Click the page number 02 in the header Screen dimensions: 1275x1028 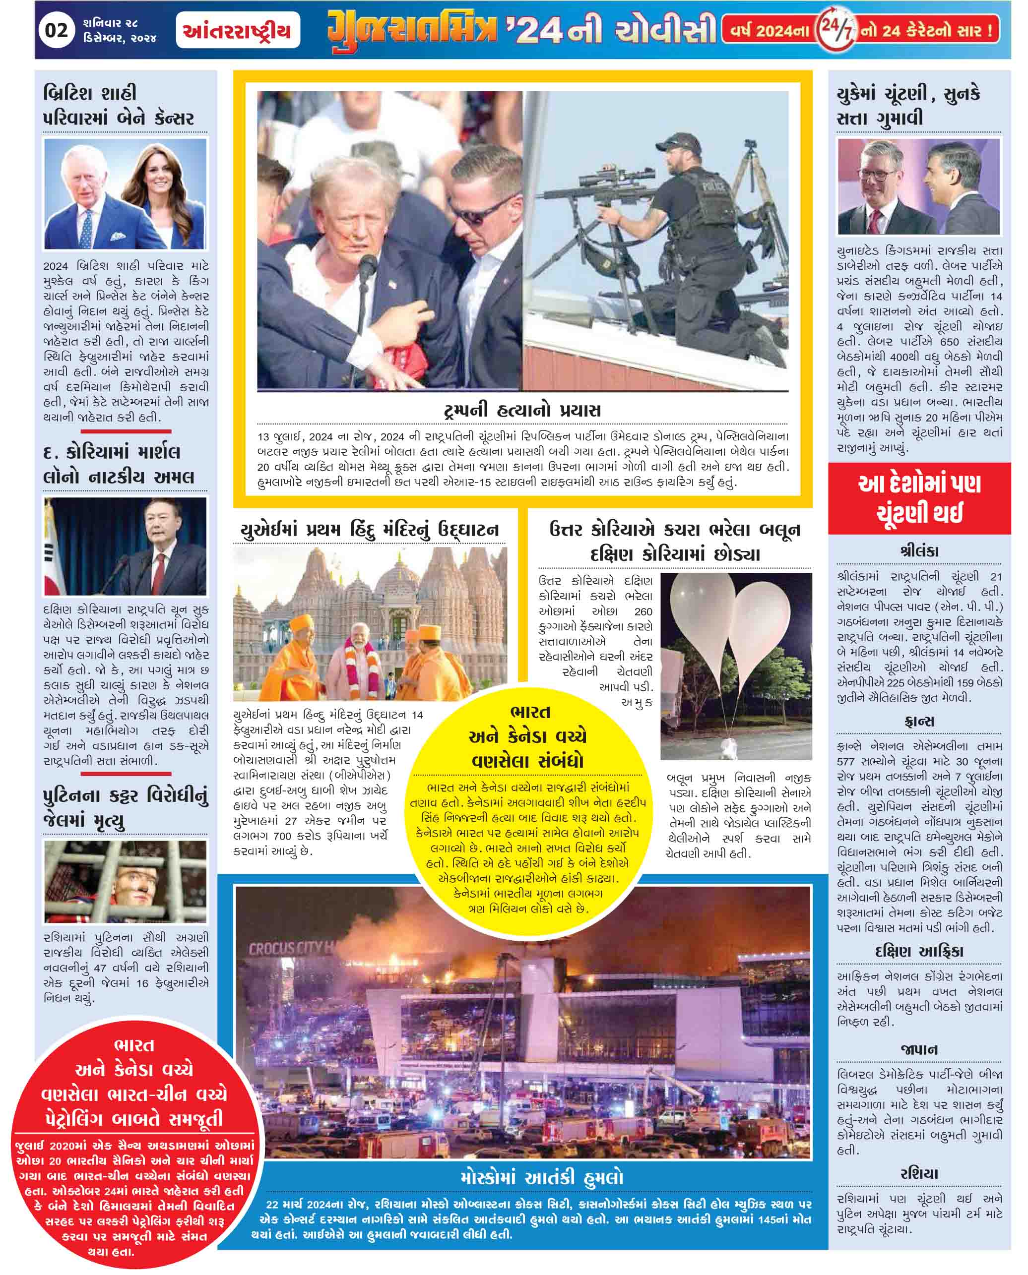click(56, 30)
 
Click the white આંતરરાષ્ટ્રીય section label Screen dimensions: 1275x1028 click(238, 30)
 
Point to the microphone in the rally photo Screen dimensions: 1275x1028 click(367, 266)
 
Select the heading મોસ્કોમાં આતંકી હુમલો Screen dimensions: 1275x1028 click(541, 1178)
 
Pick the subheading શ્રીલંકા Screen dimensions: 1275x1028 click(918, 551)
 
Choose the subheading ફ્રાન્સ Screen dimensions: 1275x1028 click(918, 722)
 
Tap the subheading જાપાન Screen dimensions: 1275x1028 click(918, 1049)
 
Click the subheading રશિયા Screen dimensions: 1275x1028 click(918, 1174)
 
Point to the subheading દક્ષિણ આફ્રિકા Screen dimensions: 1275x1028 click(918, 951)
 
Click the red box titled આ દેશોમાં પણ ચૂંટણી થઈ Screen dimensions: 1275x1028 click(918, 498)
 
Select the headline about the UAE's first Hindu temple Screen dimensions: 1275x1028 click(370, 529)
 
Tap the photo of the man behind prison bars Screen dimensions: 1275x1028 click(125, 881)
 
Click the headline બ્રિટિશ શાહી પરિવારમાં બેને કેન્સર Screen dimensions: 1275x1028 click(119, 105)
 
